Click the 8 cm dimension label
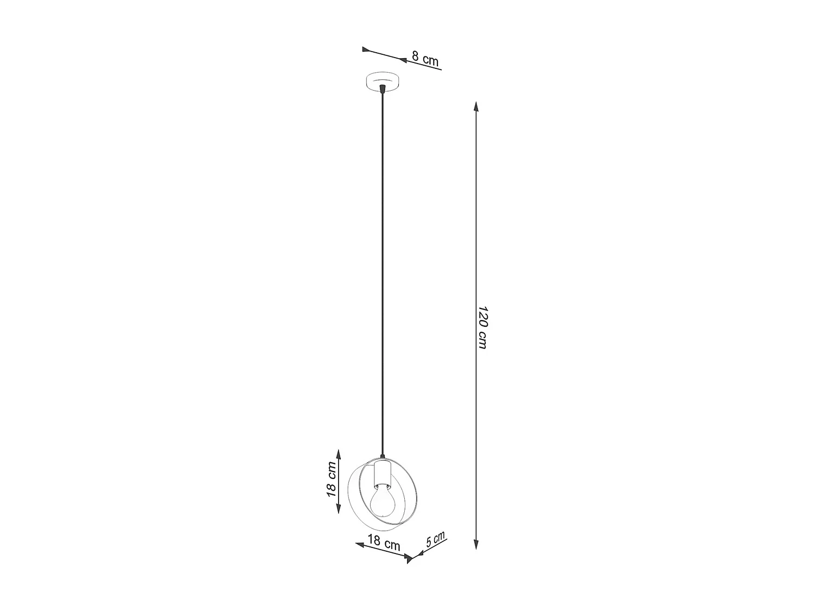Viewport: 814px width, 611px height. [x=425, y=58]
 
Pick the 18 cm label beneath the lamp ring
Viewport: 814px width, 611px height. [x=384, y=542]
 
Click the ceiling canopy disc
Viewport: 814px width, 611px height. [x=383, y=82]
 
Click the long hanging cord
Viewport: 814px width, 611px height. [x=383, y=272]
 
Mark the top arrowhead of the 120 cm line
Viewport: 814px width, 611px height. [x=476, y=106]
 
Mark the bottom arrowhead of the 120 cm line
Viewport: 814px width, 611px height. [x=476, y=544]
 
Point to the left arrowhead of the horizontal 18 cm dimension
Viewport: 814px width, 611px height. [x=359, y=544]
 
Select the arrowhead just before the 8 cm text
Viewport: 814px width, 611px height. [x=403, y=60]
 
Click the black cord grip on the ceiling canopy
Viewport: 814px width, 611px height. [x=383, y=88]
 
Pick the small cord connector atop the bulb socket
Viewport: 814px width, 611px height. [x=383, y=458]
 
